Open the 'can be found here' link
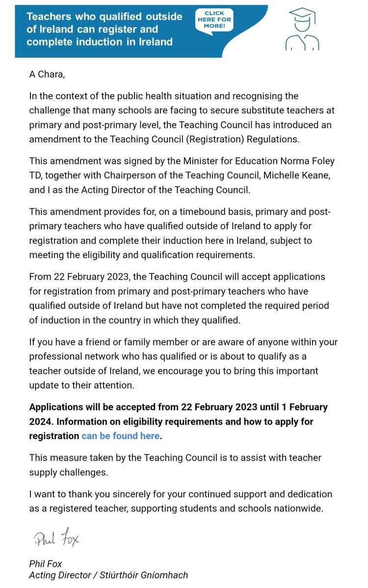121,436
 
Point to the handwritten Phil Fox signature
56,539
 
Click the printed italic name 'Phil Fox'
46,564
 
